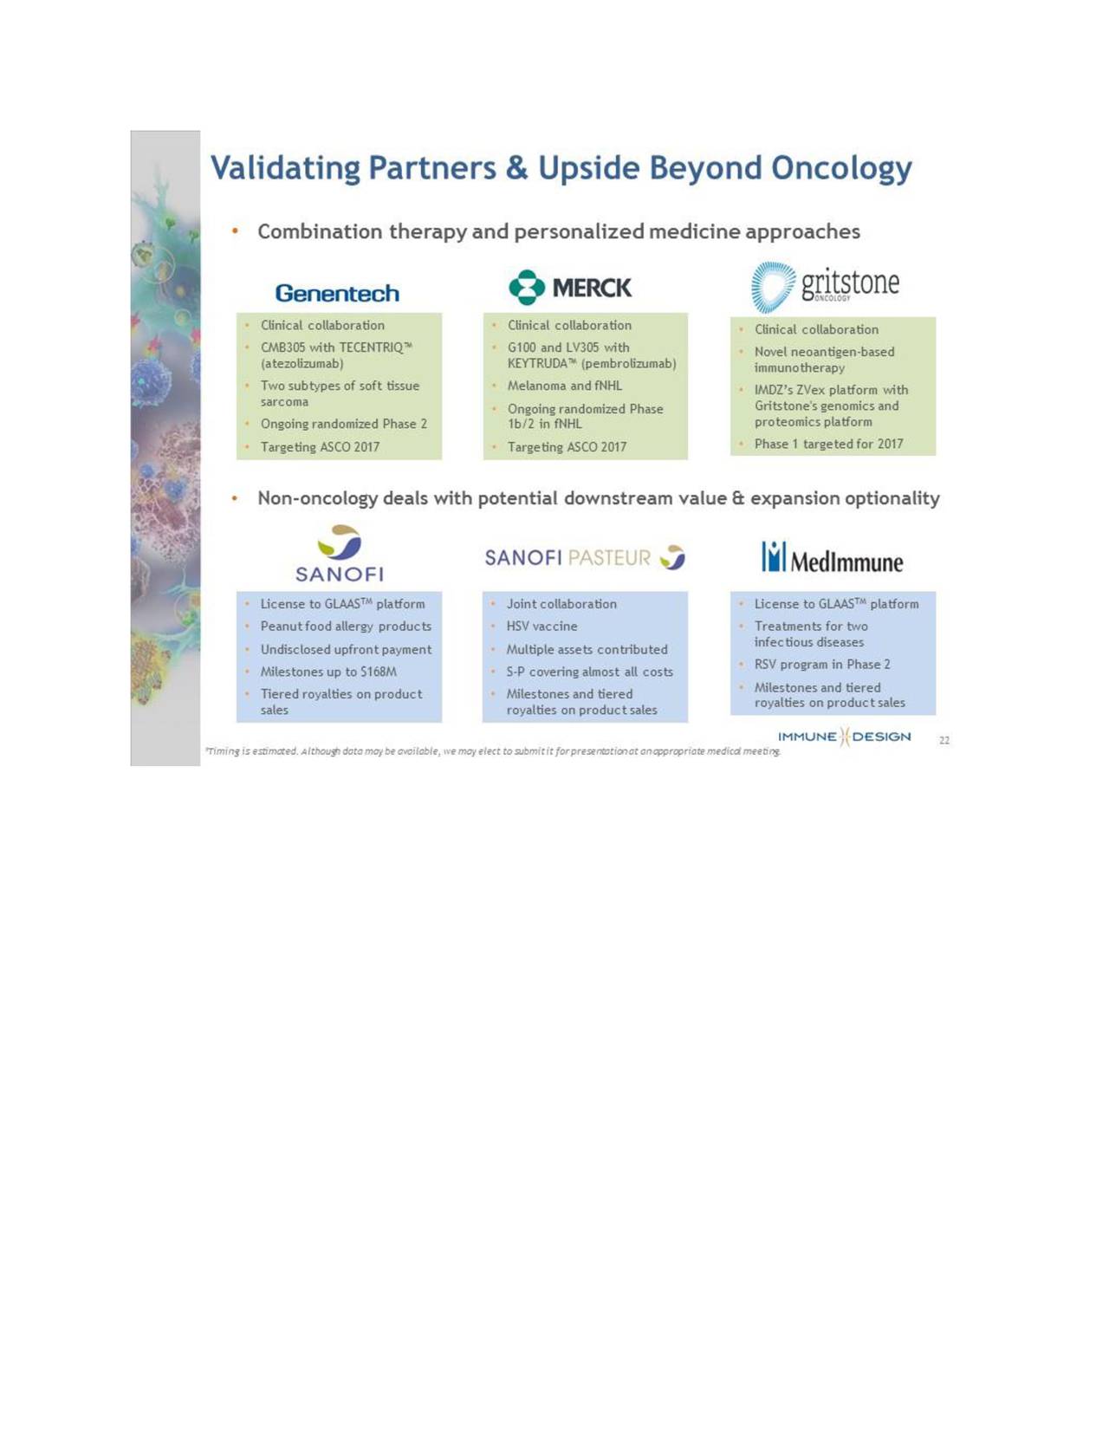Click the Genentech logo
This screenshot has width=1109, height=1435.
click(x=337, y=293)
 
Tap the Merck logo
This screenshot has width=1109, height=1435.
click(x=570, y=288)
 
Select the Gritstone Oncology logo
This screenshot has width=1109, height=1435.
click(x=825, y=287)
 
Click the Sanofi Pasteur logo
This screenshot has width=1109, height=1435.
click(x=585, y=558)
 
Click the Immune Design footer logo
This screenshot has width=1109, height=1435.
click(x=844, y=737)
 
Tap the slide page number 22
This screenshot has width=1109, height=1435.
click(x=944, y=740)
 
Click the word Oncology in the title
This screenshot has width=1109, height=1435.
click(x=841, y=169)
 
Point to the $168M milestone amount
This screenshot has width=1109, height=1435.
click(x=379, y=672)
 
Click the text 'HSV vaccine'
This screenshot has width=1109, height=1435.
click(x=542, y=626)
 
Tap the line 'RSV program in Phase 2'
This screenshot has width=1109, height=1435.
click(x=822, y=665)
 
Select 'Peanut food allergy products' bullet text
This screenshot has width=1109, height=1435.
click(x=346, y=626)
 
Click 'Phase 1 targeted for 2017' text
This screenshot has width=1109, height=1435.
click(x=829, y=444)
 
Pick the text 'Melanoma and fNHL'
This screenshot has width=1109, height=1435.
click(x=565, y=386)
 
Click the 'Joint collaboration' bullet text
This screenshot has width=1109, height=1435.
click(x=561, y=604)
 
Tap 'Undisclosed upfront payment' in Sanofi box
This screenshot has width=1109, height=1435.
click(x=346, y=649)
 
